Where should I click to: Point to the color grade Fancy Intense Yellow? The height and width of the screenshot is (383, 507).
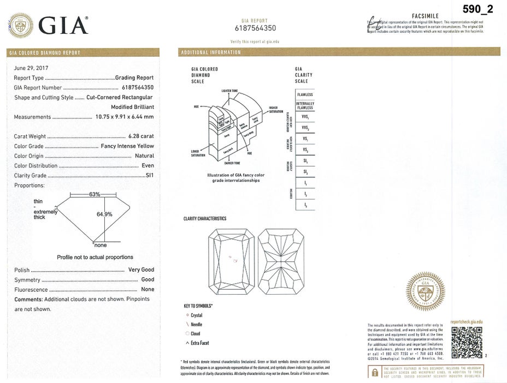point(127,146)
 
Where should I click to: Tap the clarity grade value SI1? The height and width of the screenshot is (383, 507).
point(149,176)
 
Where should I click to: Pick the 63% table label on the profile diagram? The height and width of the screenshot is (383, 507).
point(94,195)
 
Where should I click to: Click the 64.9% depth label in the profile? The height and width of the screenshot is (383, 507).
point(104,214)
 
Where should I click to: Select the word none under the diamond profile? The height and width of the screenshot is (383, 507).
point(100,245)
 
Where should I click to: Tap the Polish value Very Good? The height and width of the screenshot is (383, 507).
point(141,270)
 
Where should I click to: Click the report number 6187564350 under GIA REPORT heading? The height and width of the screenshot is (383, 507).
point(255,28)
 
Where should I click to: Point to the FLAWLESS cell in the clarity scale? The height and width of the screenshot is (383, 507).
point(304,95)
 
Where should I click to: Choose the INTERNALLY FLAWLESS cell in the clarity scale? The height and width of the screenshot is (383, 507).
point(304,106)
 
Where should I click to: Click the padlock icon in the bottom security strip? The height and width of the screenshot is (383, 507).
point(375,373)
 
